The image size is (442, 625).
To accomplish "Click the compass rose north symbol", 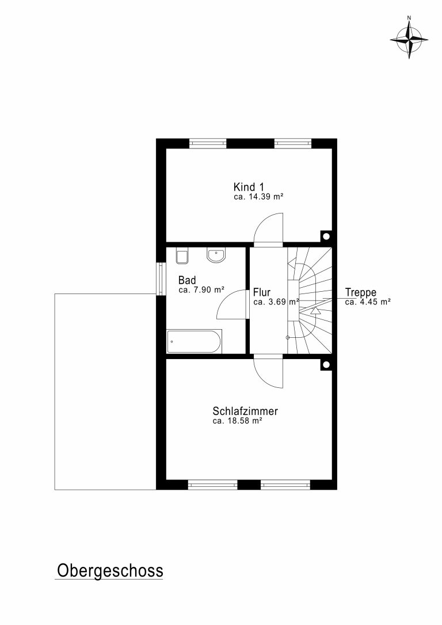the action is [409, 39].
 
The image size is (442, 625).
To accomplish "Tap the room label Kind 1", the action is [249, 187].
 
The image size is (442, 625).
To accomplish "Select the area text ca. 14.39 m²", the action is [258, 197].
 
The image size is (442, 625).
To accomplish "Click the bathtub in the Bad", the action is [194, 342].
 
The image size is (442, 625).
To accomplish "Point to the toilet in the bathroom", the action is [182, 257].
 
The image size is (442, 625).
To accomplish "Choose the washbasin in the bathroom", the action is [216, 256].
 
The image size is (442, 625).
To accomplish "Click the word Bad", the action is [187, 280].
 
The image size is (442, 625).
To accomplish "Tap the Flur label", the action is [261, 292].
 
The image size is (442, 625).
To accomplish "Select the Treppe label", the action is [361, 293].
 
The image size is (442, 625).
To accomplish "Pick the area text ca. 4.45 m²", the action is [367, 302].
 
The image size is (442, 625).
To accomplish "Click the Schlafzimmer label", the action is [245, 411].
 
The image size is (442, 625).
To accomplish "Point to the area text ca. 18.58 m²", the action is [237, 421].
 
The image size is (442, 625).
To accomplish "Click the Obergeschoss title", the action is [110, 570].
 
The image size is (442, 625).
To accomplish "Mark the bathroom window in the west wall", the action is [161, 278].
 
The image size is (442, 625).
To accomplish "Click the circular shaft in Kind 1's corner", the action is [326, 237].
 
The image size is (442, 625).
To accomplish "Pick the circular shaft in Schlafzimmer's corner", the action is [326, 364].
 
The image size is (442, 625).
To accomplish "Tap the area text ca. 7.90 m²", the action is [201, 290].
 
